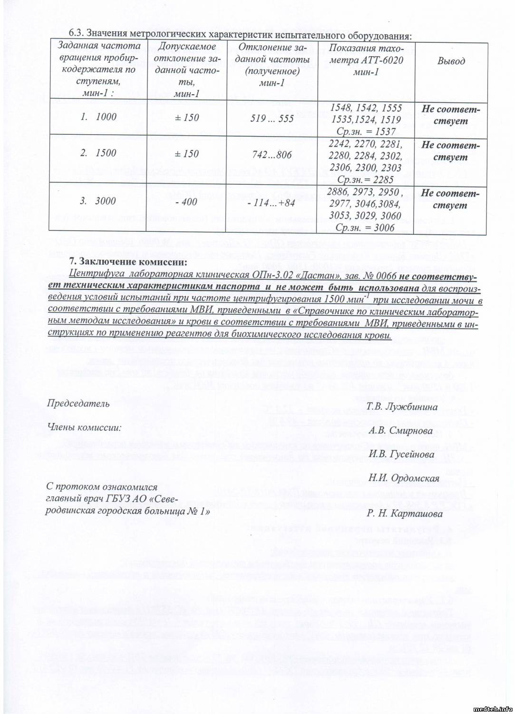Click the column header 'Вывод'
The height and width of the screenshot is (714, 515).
point(451,61)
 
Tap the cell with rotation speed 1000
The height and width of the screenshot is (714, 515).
point(99,117)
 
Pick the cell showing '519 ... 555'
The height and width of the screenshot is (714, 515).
point(272,118)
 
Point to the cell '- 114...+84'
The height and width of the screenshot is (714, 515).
point(272,204)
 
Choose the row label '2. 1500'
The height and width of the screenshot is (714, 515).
point(98,153)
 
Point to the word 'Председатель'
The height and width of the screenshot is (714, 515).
point(78,404)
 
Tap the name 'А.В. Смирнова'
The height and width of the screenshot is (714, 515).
point(400,431)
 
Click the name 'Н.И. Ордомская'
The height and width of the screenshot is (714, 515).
point(404,478)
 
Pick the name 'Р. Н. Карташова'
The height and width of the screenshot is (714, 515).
point(405,514)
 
